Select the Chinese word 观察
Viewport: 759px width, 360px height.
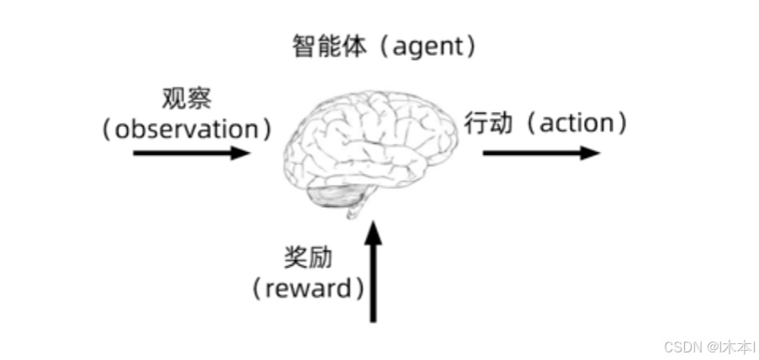point(187,98)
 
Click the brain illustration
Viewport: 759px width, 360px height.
point(370,143)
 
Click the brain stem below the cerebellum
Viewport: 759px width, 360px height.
point(357,209)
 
